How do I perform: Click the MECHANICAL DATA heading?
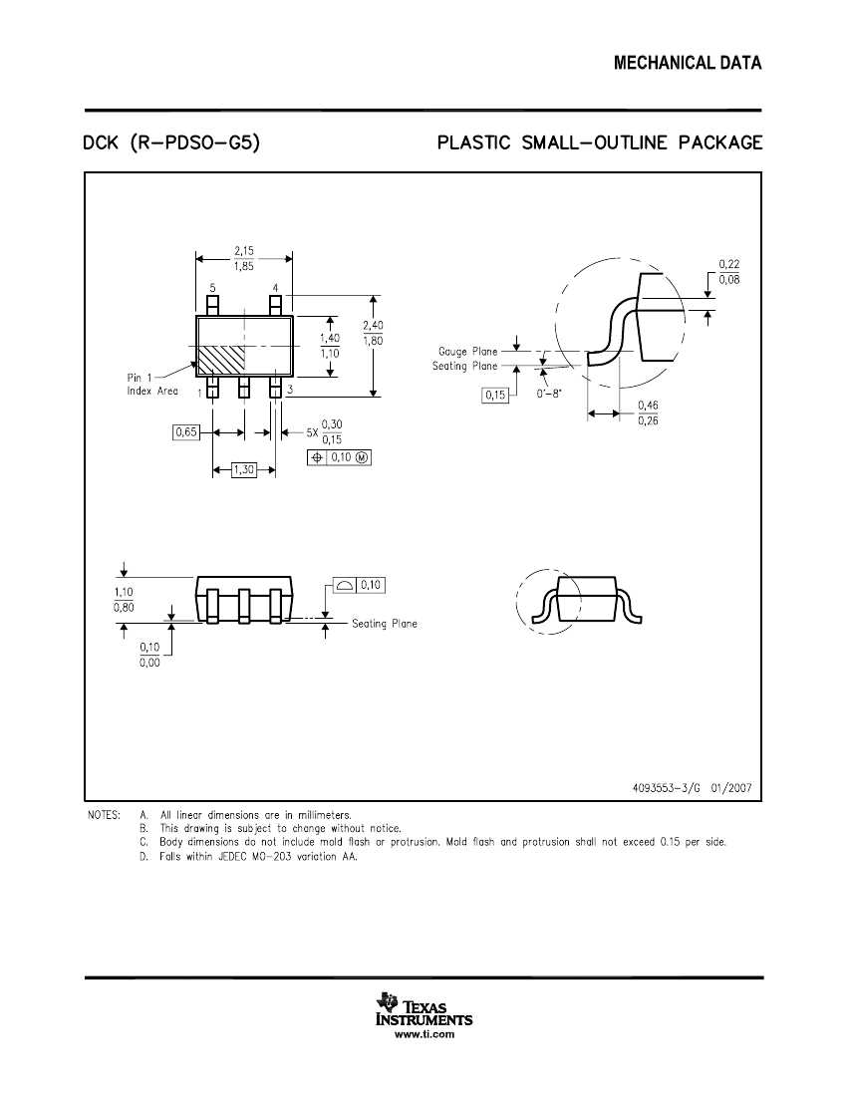688,64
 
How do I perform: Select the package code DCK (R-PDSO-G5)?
172,143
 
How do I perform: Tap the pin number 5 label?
212,288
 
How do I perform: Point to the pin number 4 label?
275,288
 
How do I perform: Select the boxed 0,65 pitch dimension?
185,432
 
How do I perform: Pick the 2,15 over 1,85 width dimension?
244,259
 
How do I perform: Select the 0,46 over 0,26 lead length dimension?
648,413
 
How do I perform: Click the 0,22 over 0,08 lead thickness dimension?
728,271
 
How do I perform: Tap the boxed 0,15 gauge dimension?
494,396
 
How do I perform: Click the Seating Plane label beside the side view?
385,624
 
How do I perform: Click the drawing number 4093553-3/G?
670,787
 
